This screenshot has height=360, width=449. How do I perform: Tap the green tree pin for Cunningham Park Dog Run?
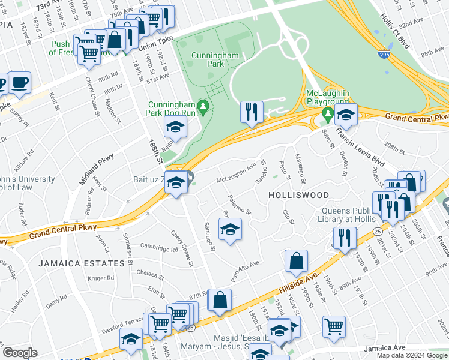[203, 107]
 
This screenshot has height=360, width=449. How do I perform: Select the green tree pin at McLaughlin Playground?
[327, 112]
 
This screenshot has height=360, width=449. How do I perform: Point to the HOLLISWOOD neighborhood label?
[298, 196]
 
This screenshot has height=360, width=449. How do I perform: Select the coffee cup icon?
[20, 83]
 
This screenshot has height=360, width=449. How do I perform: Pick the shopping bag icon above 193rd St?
[297, 261]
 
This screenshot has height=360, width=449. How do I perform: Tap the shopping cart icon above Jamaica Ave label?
[334, 327]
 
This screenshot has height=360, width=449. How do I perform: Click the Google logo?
[19, 353]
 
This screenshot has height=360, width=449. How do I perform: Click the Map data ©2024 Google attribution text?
[411, 355]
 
